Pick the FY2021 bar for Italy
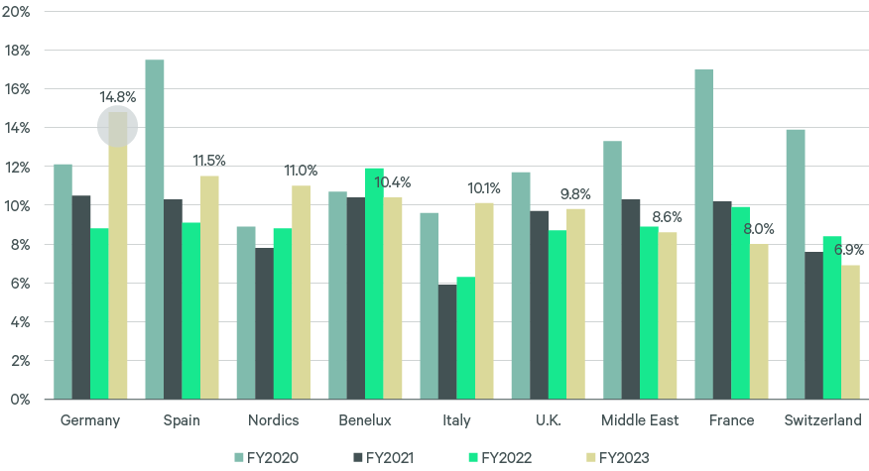pos(447,342)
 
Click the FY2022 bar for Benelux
pos(374,284)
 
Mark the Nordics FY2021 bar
pos(264,323)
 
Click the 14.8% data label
pos(117,97)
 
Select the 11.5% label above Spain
pos(209,161)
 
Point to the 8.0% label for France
pos(759,229)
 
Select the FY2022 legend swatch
pos(472,457)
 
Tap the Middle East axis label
pos(640,420)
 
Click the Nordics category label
pos(273,420)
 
